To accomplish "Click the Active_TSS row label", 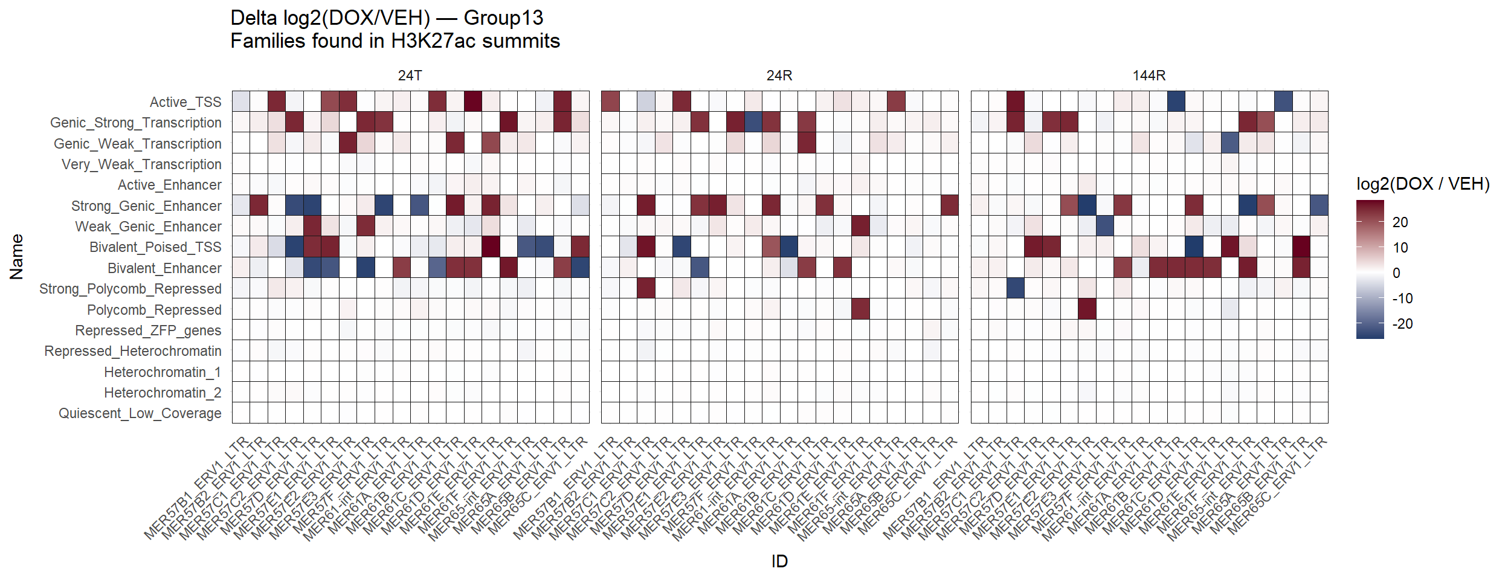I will (x=185, y=102).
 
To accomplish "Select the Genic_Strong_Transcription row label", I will (x=136, y=123).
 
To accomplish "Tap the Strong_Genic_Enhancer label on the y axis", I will (x=146, y=206).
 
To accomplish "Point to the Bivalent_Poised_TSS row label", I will (x=155, y=247).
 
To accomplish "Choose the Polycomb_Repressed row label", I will (x=154, y=310).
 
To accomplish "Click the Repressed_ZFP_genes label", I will (x=148, y=330).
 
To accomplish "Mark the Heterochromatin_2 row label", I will (x=163, y=393).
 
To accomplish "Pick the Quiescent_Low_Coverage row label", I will (x=140, y=413).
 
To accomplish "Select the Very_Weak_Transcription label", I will (x=141, y=164).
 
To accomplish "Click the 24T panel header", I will (x=410, y=76).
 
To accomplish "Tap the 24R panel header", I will (x=779, y=76).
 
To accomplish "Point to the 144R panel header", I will (x=1149, y=76).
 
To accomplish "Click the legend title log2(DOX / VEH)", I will (x=1423, y=184).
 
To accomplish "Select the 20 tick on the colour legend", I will (x=1400, y=222).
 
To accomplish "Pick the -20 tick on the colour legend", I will (x=1402, y=324).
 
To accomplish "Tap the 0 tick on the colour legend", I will (x=1396, y=273).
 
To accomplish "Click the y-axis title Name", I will (x=16, y=257).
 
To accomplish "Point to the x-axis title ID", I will (x=779, y=561).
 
